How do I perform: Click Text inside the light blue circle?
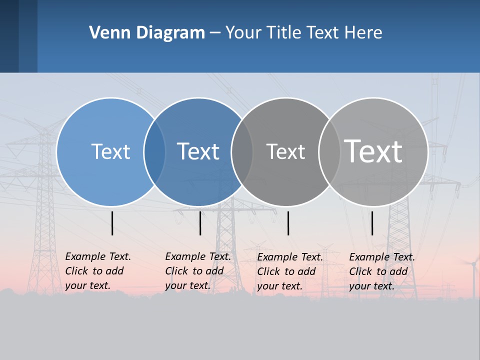click(110, 151)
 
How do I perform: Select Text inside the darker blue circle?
click(198, 151)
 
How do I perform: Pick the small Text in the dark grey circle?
click(285, 151)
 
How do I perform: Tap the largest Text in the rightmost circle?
click(373, 151)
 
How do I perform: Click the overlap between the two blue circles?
click(154, 151)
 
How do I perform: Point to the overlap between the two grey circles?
click(329, 151)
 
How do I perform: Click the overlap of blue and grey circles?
click(242, 151)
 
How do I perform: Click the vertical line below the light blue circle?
click(112, 223)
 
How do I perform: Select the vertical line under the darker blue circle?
click(200, 223)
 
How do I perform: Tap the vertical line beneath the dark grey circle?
click(288, 223)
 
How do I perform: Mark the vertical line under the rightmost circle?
click(372, 223)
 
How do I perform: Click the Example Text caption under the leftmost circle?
click(97, 271)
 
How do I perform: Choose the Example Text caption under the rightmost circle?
click(381, 271)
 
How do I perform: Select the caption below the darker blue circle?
click(197, 271)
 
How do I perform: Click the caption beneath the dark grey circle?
click(289, 271)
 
